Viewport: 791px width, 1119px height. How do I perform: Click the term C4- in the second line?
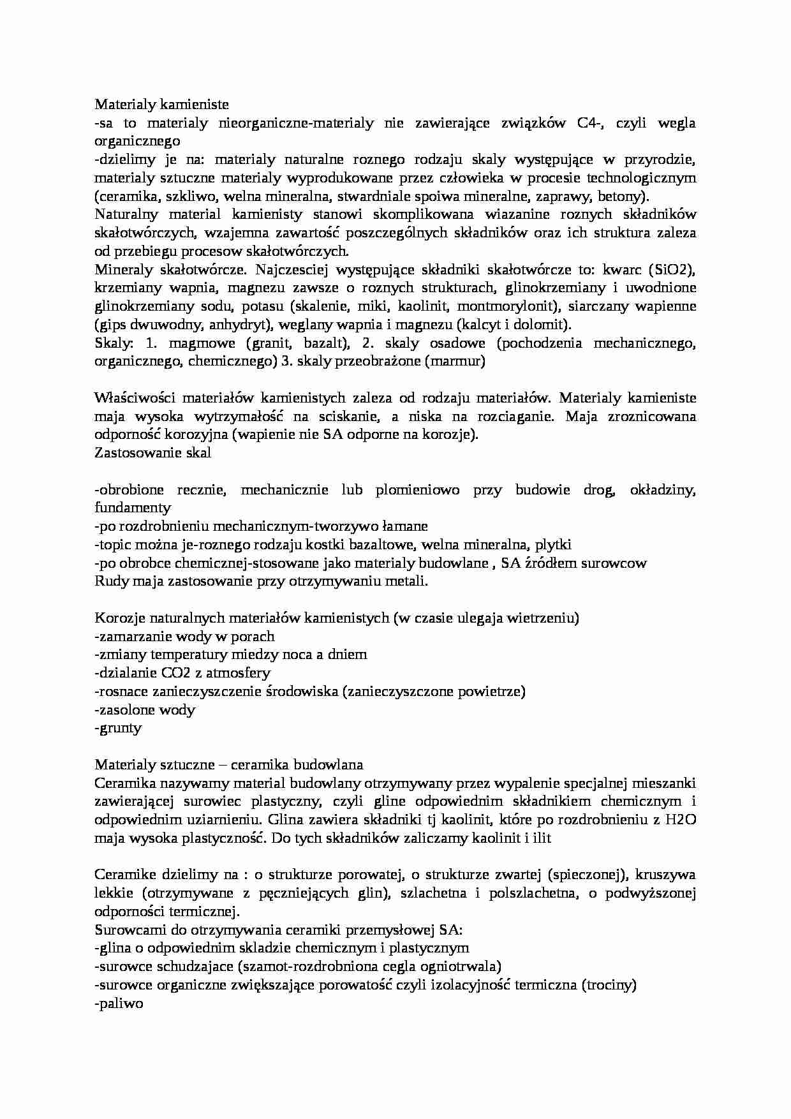pos(591,123)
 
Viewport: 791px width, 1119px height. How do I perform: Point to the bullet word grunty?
pos(119,728)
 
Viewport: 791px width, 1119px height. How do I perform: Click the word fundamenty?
pos(133,508)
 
